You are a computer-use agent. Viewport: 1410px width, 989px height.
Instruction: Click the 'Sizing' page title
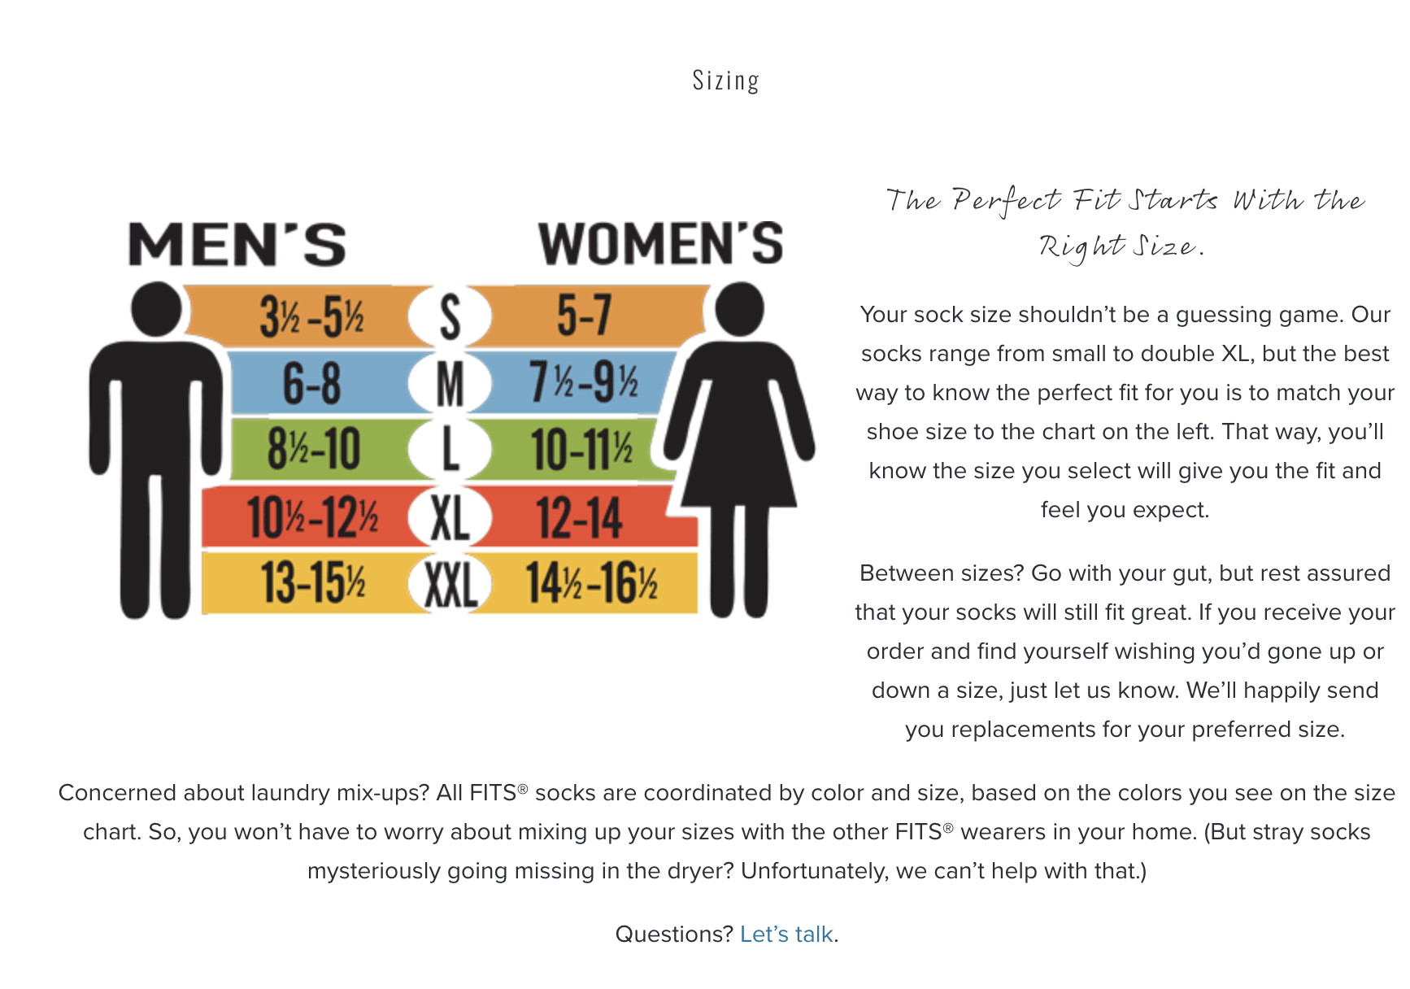[x=725, y=81]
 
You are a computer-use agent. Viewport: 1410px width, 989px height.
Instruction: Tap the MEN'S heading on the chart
[x=237, y=245]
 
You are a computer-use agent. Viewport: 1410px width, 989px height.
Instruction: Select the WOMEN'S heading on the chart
[x=660, y=243]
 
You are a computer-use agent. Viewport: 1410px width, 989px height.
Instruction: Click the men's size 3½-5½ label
[x=311, y=316]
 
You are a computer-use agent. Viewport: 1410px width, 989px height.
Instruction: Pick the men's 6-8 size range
[x=311, y=383]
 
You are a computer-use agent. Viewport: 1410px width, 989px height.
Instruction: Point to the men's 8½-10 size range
[x=314, y=448]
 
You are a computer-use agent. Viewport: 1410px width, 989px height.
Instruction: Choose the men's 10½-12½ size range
[x=313, y=516]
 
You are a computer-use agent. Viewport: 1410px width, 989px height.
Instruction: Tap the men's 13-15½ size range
[x=313, y=583]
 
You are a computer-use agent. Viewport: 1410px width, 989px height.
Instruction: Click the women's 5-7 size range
[x=584, y=316]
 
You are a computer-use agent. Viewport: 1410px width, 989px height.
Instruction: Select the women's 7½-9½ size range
[x=584, y=382]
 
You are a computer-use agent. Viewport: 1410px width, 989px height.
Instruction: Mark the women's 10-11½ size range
[x=582, y=450]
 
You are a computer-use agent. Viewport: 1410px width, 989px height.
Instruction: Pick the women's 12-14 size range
[x=579, y=517]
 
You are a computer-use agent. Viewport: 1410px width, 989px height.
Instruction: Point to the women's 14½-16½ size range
[x=591, y=583]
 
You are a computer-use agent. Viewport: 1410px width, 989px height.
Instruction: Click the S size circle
[x=450, y=316]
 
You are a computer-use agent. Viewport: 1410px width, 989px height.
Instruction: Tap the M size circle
[x=450, y=383]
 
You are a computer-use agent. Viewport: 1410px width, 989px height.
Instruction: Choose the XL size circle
[x=450, y=518]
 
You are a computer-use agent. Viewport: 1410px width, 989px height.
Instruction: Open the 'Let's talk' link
[x=786, y=934]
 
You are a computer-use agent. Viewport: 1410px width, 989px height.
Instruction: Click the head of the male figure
[x=156, y=309]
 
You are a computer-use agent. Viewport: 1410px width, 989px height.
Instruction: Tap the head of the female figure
[x=740, y=309]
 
